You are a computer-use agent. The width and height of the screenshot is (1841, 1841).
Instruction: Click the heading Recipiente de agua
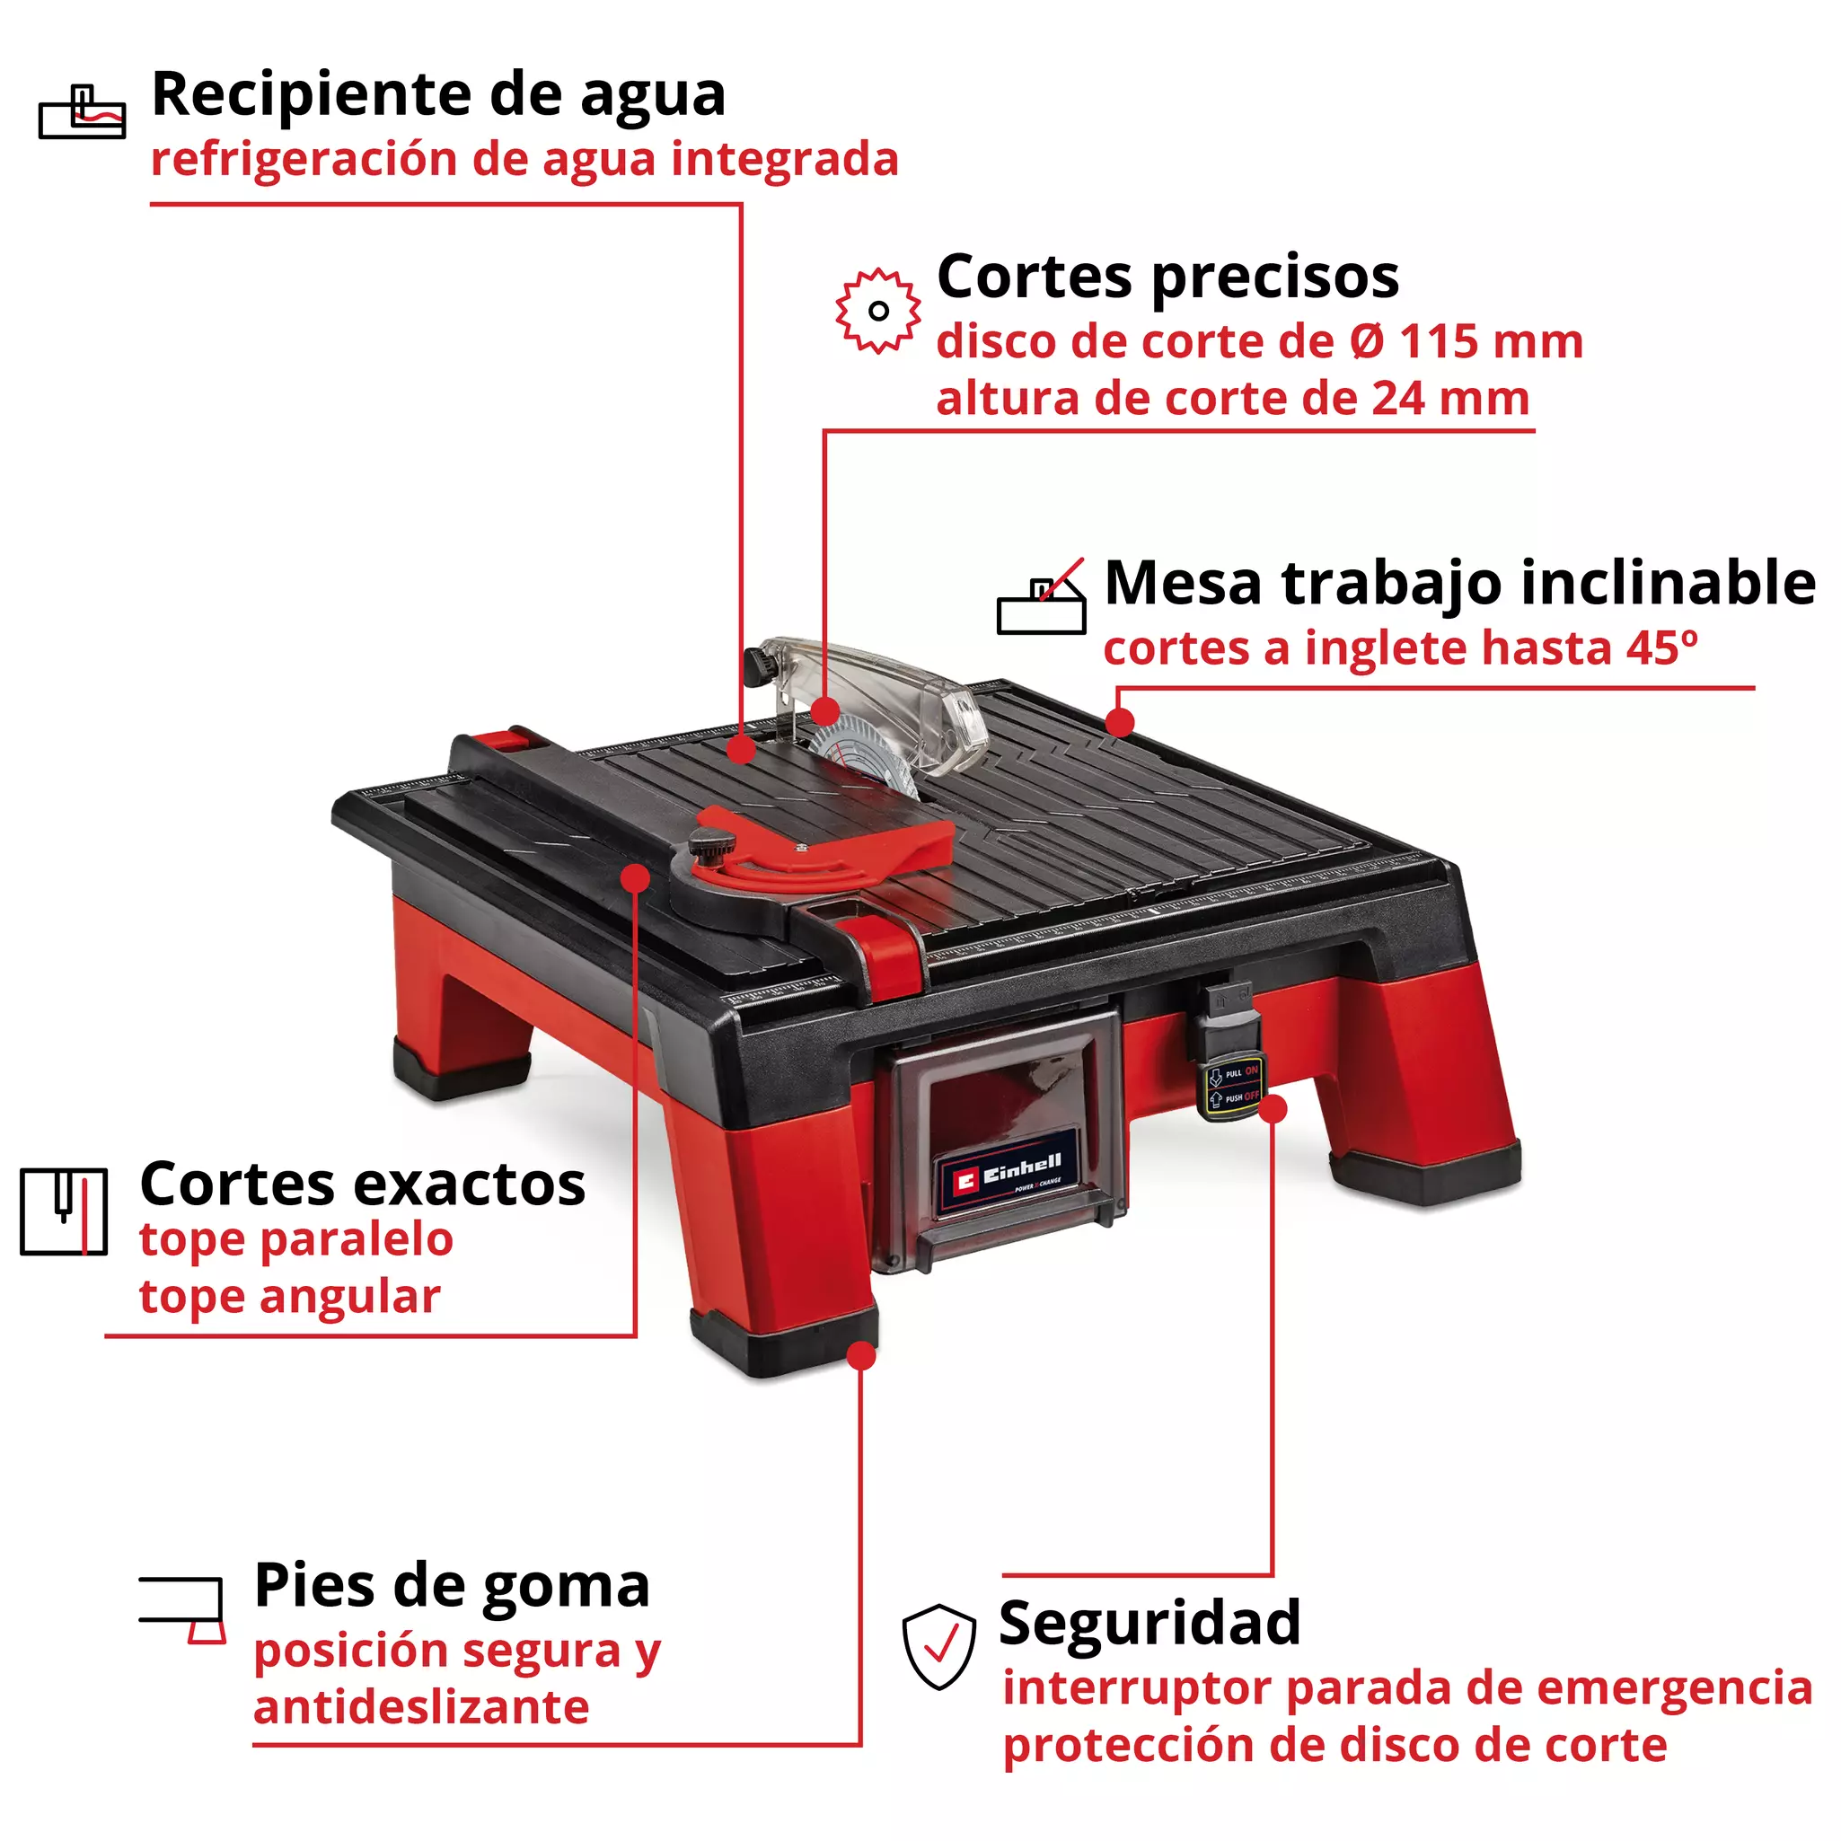click(x=438, y=95)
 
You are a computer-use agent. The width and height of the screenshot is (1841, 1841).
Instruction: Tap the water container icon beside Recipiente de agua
click(x=82, y=113)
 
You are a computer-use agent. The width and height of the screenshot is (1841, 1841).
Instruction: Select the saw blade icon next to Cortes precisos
click(x=877, y=311)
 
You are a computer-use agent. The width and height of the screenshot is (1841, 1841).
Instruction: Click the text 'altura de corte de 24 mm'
click(x=1232, y=399)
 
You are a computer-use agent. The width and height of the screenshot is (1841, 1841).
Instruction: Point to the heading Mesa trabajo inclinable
click(x=1459, y=583)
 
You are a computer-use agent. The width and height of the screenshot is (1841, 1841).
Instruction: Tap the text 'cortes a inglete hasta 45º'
click(x=1400, y=649)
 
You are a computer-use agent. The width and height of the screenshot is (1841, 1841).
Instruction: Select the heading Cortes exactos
click(x=362, y=1185)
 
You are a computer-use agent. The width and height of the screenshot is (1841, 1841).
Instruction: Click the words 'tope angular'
click(x=290, y=1297)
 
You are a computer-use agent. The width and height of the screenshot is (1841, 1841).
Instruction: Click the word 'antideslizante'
click(x=421, y=1706)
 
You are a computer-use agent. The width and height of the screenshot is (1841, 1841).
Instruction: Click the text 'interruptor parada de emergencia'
click(x=1406, y=1687)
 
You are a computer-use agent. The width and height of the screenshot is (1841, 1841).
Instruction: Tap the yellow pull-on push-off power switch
click(x=1233, y=1086)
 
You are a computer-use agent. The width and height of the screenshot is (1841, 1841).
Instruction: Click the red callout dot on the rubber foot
click(x=861, y=1355)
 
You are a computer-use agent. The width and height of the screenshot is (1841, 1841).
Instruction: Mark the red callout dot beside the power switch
click(x=1273, y=1109)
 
